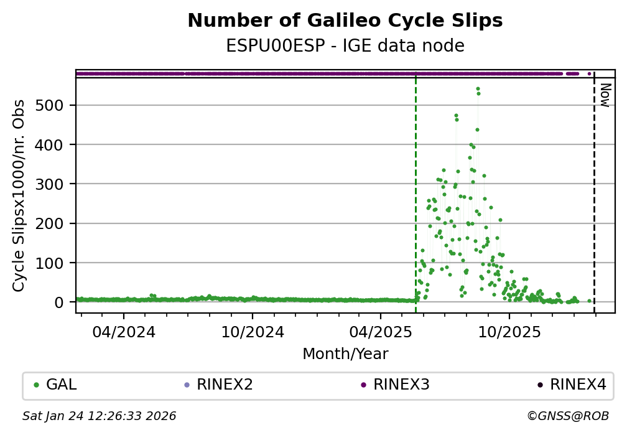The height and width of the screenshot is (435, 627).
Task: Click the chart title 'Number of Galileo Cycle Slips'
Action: (345, 21)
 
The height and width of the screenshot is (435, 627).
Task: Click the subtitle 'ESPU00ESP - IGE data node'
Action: (345, 46)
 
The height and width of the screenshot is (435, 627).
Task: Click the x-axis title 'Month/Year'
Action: (345, 354)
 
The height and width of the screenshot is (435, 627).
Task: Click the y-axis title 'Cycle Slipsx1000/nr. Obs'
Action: (19, 195)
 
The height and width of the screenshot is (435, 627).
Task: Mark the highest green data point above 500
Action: (478, 89)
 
